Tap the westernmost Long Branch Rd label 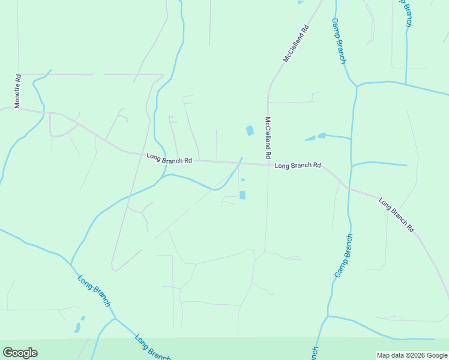pos(169,159)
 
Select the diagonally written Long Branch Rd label pos(397,214)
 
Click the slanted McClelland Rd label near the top pos(297,43)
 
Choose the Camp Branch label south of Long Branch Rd pos(344,256)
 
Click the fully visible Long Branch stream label pos(94,291)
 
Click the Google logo pos(20,353)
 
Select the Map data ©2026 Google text pos(411,355)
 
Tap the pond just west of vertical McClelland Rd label pos(249,130)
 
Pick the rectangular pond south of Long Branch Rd pos(243,195)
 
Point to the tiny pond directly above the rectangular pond pos(243,179)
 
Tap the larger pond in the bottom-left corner pos(77,328)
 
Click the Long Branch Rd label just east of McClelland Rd pos(298,166)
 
